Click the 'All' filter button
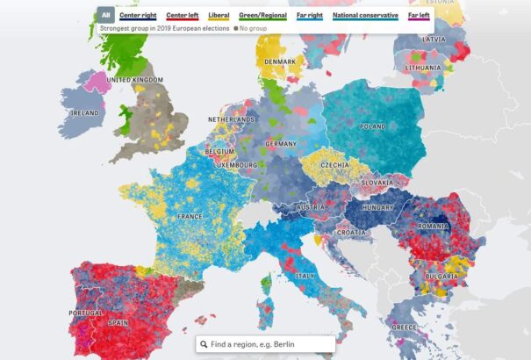click(106, 15)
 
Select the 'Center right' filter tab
click(139, 15)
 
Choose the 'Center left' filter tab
click(183, 15)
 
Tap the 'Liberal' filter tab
click(219, 15)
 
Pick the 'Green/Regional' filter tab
click(264, 15)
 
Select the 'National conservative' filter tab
click(366, 15)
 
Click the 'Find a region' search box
click(265, 345)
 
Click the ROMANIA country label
click(433, 226)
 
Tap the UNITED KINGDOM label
click(134, 80)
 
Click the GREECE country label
click(405, 328)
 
